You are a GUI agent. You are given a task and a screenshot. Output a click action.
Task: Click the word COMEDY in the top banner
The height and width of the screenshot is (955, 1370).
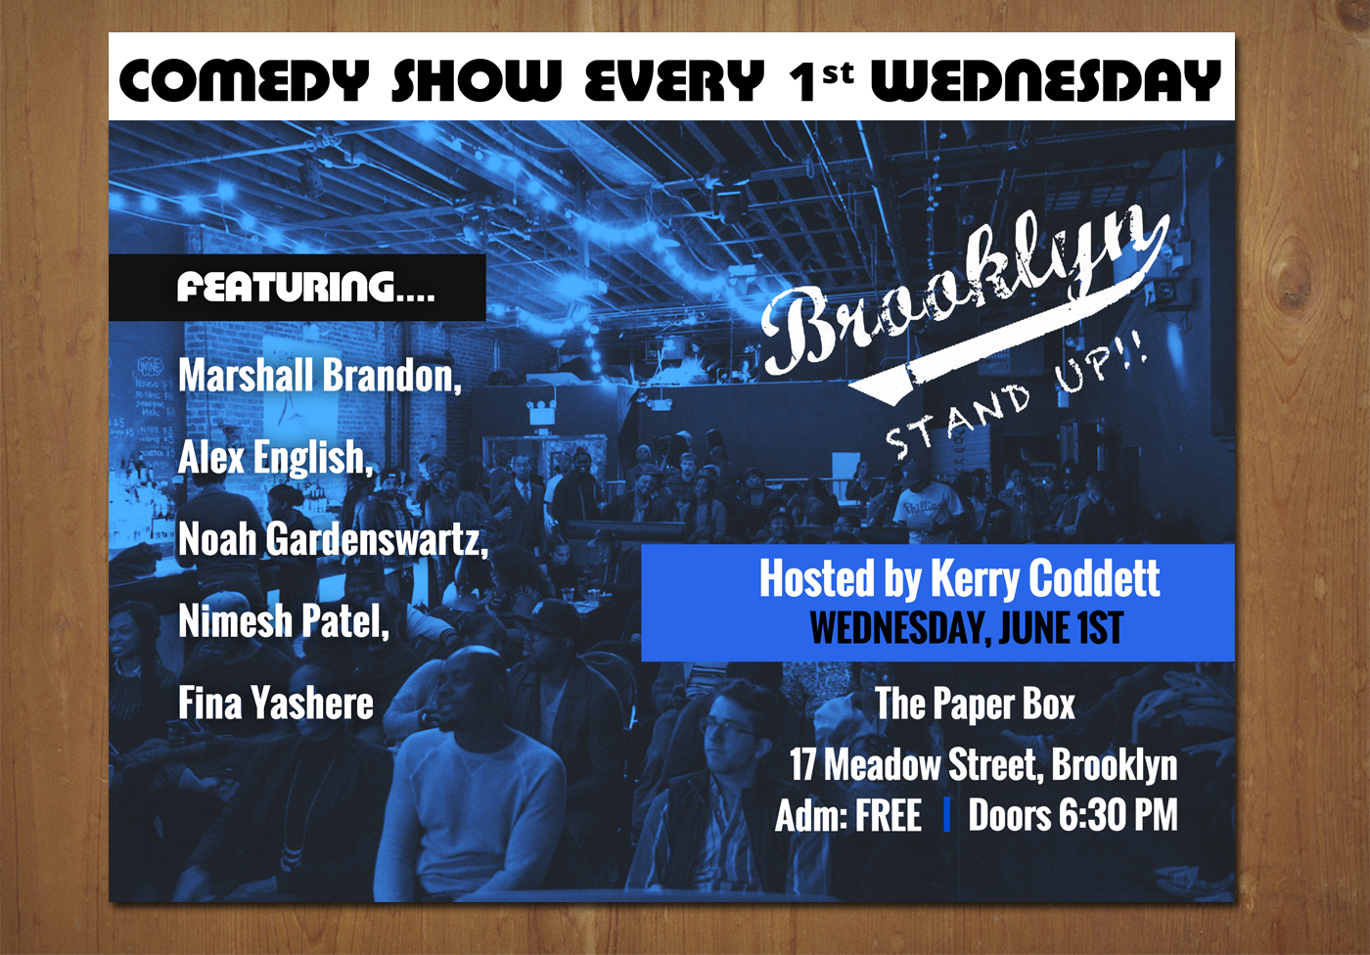[x=244, y=80]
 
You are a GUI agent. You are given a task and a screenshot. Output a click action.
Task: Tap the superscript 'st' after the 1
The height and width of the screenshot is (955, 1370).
[x=838, y=74]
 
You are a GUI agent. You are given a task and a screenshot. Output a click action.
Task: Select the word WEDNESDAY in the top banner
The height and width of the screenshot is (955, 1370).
[x=1046, y=80]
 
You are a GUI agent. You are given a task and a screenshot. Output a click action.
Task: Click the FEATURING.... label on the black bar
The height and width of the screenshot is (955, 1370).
[x=305, y=287]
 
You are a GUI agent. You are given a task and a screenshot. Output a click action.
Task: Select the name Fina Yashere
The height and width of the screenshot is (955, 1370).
[x=275, y=704]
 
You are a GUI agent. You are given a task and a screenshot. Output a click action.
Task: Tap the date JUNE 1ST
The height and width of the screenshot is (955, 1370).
[x=1061, y=628]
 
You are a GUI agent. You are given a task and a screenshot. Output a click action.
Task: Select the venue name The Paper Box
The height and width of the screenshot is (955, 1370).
[x=975, y=704]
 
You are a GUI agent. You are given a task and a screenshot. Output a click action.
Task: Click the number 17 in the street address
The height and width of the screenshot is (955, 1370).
[x=803, y=764]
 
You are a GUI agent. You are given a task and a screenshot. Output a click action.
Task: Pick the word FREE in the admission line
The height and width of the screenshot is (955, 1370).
[x=889, y=815]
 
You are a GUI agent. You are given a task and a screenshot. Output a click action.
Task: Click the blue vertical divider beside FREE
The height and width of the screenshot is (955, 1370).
[x=946, y=816]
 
